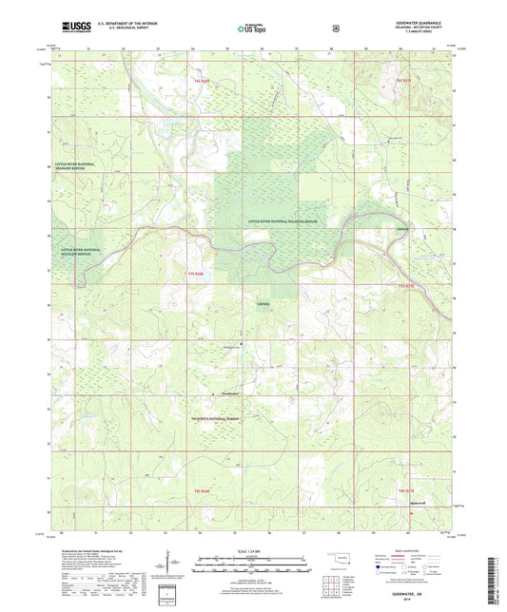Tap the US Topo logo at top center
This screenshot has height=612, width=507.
point(251,29)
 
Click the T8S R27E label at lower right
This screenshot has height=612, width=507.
point(406,488)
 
